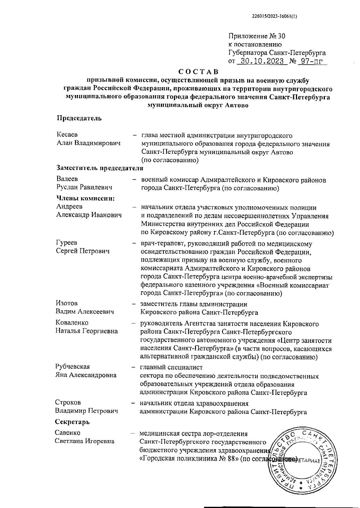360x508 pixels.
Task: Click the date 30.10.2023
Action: pos(260,61)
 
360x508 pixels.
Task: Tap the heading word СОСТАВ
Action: pos(198,72)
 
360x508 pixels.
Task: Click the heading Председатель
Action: pos(79,118)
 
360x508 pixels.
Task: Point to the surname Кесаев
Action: pos(67,135)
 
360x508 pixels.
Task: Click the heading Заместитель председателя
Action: pos(100,168)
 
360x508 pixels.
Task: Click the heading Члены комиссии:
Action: pos(86,198)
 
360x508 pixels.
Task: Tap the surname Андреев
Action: pos(69,206)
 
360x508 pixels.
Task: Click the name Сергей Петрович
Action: pos(83,251)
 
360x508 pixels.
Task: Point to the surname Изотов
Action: pos(67,304)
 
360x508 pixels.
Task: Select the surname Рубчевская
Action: pos(73,367)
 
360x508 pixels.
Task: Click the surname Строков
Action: pos(68,402)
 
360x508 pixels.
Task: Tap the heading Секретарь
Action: pos(72,422)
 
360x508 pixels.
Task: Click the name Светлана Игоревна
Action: pos(84,441)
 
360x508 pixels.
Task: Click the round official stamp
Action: pos(300,460)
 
